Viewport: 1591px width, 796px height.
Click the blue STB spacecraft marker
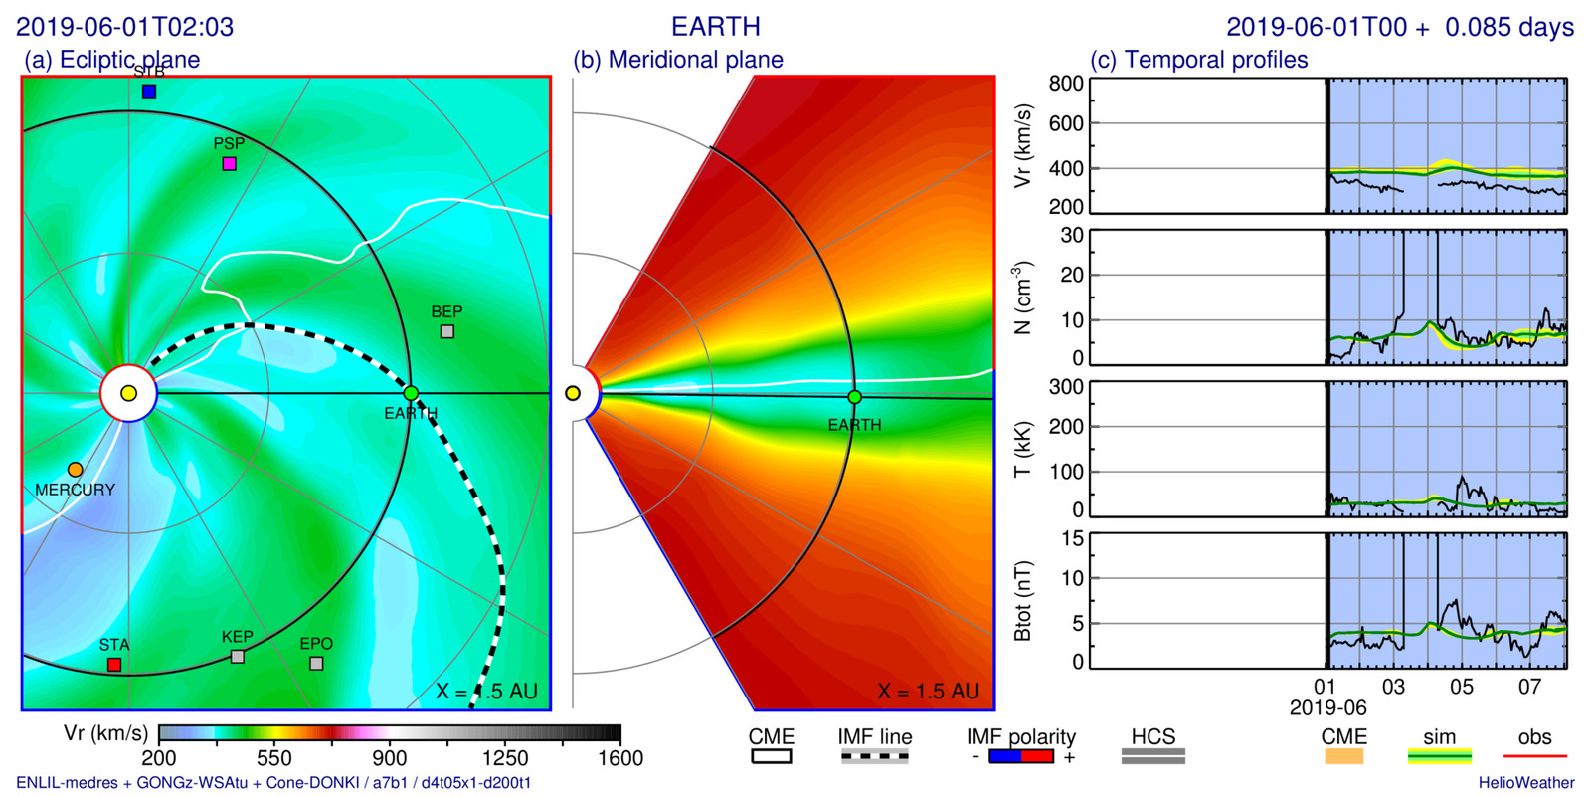click(149, 92)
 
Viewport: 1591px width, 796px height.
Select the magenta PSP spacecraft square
click(230, 164)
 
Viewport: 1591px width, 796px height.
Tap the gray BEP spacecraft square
click(447, 331)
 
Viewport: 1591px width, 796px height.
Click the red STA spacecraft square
click(114, 665)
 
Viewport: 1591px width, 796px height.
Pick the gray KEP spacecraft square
click(238, 657)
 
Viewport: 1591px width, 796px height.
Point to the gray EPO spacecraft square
click(316, 664)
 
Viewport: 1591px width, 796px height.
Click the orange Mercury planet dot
click(76, 470)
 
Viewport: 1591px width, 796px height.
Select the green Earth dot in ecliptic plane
click(411, 394)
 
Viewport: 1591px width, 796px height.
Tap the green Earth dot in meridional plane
click(854, 397)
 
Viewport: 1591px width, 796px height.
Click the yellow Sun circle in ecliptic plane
click(128, 394)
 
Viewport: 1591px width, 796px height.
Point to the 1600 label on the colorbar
click(620, 758)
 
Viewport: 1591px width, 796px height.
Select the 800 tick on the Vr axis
click(1066, 84)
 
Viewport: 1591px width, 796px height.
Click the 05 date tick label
click(1461, 687)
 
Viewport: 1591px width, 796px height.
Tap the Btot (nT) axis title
click(1022, 601)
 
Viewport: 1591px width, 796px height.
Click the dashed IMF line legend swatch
click(874, 757)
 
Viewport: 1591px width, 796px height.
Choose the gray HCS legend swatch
click(1152, 757)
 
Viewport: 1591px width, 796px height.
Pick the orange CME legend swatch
click(1343, 757)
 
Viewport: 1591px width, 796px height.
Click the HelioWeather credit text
click(1525, 783)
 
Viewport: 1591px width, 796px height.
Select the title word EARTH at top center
click(716, 27)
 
